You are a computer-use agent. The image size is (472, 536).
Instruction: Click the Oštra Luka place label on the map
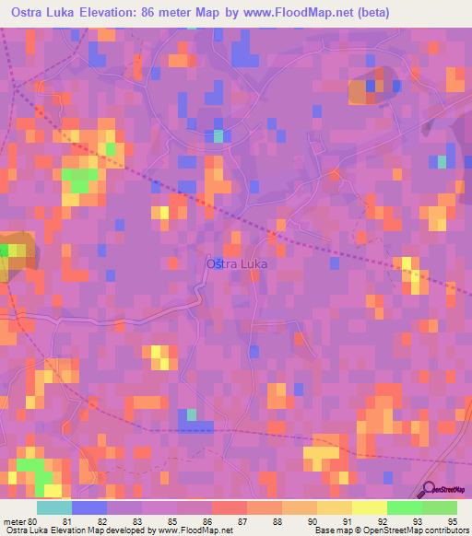(234, 263)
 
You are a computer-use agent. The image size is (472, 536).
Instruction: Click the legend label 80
(37, 520)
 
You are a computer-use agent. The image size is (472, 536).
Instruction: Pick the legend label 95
(454, 520)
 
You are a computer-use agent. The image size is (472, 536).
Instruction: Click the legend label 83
(140, 520)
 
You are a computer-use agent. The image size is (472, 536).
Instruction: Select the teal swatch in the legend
(53, 507)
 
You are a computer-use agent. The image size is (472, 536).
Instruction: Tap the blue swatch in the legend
(88, 507)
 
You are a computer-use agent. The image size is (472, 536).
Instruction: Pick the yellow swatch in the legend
(370, 507)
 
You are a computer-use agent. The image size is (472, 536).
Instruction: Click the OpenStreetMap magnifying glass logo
(430, 489)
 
